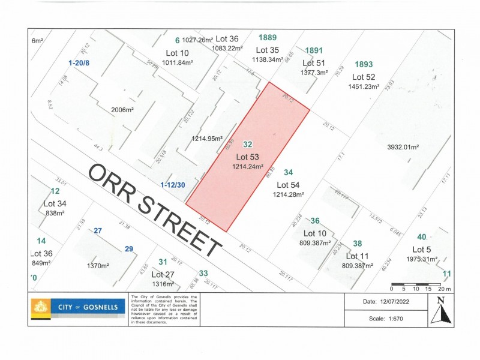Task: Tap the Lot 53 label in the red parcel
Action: click(x=247, y=157)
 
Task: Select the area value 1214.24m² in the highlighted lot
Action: click(x=248, y=168)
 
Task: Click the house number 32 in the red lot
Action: click(x=247, y=145)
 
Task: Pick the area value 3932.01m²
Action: click(x=402, y=146)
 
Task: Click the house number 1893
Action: click(x=364, y=64)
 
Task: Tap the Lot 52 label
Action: click(x=364, y=77)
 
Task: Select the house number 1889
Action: click(x=268, y=37)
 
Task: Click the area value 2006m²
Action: click(x=122, y=110)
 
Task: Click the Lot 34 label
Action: click(x=55, y=203)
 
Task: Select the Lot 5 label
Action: click(x=422, y=250)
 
